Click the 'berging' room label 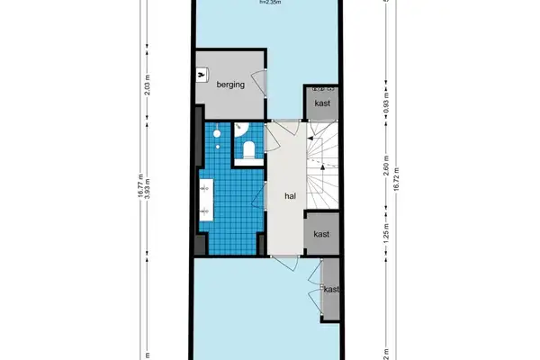(231, 85)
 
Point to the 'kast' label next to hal (322, 233)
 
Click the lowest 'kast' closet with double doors (331, 289)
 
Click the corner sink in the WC (239, 130)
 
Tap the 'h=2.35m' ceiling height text (269, 3)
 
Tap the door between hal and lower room (286, 258)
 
